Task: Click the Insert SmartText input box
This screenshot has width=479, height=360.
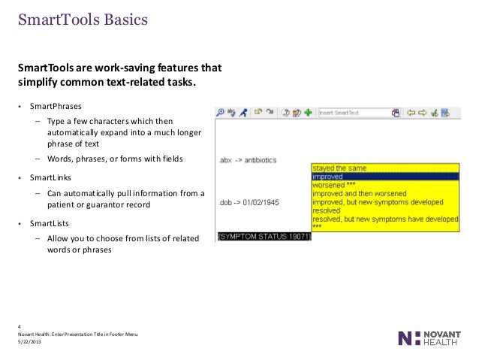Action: point(354,113)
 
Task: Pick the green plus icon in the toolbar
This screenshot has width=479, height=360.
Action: point(309,113)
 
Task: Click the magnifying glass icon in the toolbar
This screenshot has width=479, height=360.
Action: point(220,113)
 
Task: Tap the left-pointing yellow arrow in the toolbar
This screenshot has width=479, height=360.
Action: point(410,113)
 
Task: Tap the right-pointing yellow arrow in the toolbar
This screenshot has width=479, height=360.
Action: point(422,113)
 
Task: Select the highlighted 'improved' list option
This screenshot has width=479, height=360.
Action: point(327,177)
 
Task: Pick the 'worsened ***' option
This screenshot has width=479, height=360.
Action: point(335,185)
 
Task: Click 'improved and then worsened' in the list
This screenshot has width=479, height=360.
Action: point(360,193)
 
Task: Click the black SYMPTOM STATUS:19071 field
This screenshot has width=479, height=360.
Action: point(264,236)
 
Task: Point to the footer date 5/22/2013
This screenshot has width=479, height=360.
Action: point(30,342)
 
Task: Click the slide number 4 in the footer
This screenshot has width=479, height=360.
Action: point(20,325)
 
